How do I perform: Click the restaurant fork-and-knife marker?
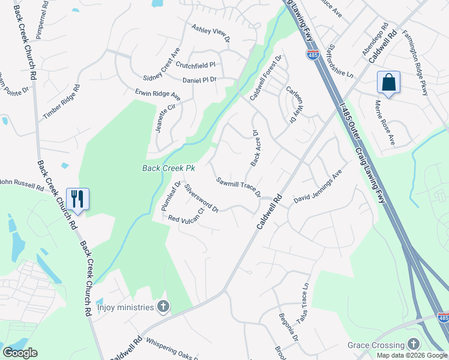coord(78,199)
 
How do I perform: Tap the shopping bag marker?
coord(388,82)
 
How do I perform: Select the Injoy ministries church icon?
coord(162,307)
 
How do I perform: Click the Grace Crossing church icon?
coord(412,344)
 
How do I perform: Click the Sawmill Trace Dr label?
coord(239,187)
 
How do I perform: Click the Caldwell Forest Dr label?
coord(266,78)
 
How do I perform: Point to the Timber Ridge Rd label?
coord(61,102)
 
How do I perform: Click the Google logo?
coord(20,353)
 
